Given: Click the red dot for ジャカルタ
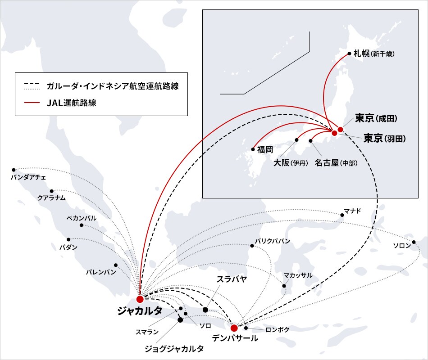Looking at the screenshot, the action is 140,299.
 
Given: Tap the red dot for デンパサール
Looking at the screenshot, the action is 234,328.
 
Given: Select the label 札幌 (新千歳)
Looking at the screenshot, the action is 374,53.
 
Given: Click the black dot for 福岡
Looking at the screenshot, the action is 253,149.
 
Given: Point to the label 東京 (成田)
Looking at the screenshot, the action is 376,118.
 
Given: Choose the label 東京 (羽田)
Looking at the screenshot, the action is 385,138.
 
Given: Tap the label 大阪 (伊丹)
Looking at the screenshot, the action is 291,163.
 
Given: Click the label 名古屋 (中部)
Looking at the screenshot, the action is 336,163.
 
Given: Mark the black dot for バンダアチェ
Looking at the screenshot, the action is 14,170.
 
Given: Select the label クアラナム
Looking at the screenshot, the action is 52,198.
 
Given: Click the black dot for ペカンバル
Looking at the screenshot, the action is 82,225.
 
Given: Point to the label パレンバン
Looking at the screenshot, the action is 101,272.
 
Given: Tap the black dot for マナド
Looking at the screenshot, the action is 342,215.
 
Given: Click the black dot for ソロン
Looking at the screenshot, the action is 414,242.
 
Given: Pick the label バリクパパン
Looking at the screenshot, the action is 273,241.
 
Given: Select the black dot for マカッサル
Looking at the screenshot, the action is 284,286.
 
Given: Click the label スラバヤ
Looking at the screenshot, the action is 232,279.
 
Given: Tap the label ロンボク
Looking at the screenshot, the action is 277,329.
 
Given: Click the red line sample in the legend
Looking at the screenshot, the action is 32,103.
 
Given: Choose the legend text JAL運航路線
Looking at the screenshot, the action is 72,103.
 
